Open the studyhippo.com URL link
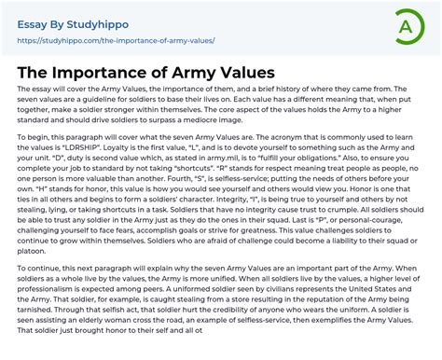(x=117, y=41)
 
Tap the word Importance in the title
(x=121, y=71)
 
